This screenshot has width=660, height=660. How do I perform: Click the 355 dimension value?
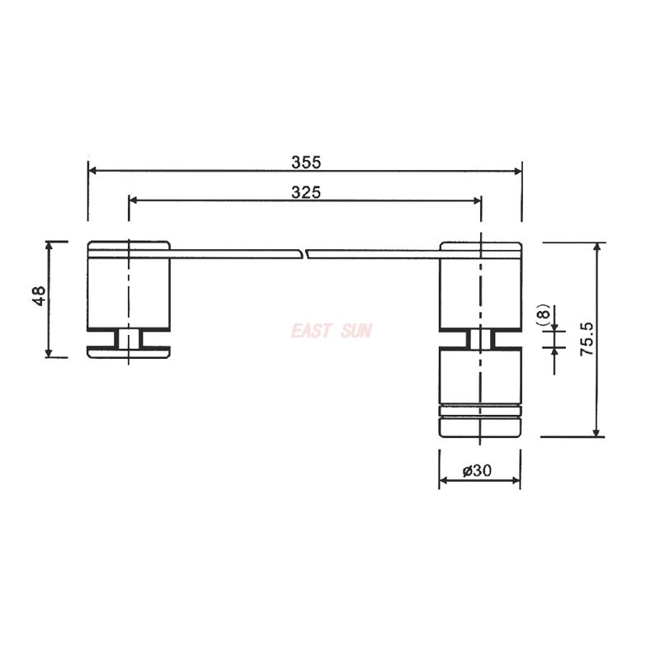point(306,162)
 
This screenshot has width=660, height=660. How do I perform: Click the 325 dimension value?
point(306,191)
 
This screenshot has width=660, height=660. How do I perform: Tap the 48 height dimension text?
point(38,298)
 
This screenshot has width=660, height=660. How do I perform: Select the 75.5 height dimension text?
point(587,339)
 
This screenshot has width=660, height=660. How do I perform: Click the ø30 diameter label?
point(478,470)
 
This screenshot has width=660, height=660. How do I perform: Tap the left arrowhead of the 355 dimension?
point(92,171)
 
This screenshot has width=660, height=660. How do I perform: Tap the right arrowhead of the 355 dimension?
point(517,171)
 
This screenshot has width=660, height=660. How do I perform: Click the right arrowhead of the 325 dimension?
point(476,200)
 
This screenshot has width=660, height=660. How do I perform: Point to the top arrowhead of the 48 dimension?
point(49,246)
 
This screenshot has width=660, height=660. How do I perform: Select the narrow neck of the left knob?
point(129,337)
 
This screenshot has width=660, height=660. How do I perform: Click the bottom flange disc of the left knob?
point(129,353)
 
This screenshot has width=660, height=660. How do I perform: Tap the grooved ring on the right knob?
point(479,410)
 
